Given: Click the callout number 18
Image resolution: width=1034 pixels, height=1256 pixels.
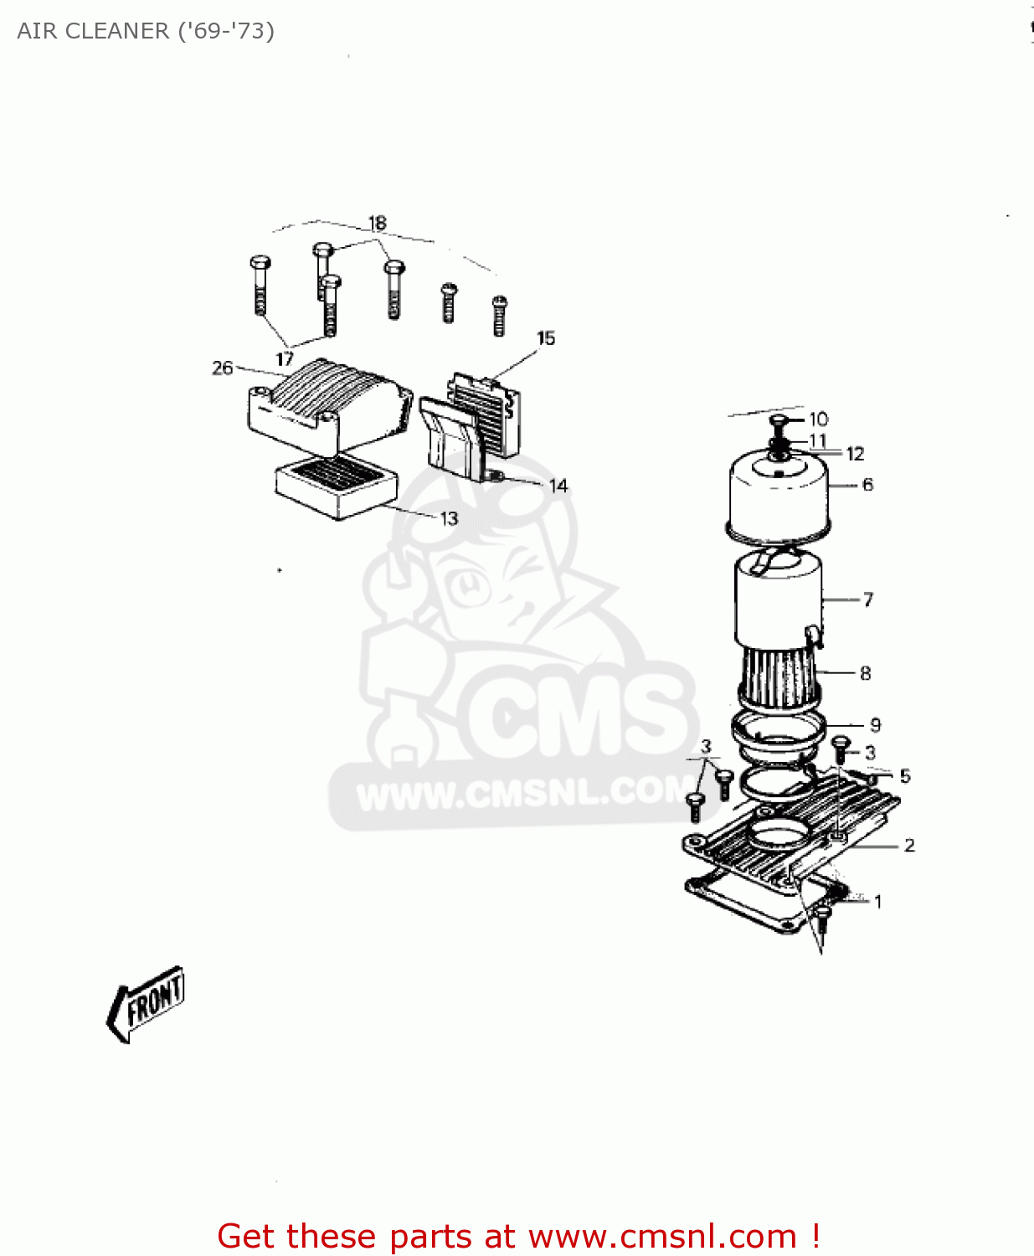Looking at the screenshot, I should tap(378, 223).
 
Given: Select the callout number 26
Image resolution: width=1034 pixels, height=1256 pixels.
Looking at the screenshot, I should tap(222, 368).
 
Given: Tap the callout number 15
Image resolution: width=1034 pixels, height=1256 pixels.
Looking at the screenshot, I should tap(546, 338).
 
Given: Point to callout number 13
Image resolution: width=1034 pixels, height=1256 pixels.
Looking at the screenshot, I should tap(450, 518).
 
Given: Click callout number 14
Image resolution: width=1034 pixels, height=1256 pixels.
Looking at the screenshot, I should tap(558, 486).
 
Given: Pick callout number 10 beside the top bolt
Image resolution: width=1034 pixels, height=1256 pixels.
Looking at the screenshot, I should tap(819, 419).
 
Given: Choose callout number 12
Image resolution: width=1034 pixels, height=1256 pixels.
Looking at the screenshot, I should tap(855, 454).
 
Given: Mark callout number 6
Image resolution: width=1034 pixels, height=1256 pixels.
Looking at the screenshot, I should tap(867, 484).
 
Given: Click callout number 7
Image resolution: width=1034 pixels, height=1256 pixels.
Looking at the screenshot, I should tap(868, 600).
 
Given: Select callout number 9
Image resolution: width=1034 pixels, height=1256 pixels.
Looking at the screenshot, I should tap(876, 725).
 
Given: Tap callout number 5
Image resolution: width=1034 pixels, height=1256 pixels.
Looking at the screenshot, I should tap(905, 776).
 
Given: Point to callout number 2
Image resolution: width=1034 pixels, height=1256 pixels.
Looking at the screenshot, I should tap(909, 846).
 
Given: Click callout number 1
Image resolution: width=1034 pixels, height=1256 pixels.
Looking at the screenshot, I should tap(877, 902).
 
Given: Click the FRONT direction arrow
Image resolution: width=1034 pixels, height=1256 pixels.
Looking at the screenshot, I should tap(147, 1004).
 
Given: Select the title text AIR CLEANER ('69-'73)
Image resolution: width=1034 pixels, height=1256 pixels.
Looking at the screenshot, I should tap(146, 31).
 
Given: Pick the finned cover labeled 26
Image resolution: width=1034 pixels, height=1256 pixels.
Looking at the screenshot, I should tap(327, 402).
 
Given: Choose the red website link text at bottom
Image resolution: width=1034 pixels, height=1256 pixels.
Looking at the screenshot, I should tap(518, 1236).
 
